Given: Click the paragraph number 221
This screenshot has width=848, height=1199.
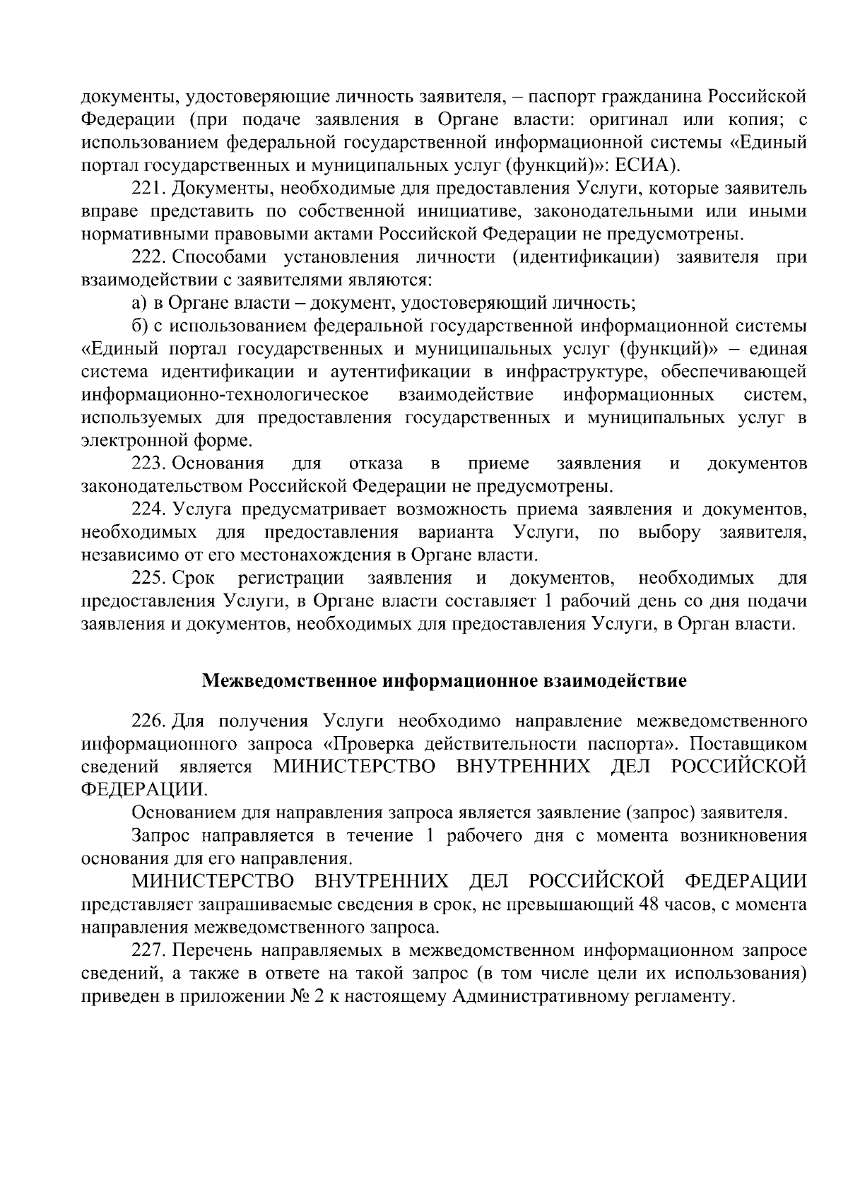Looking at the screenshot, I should tap(148, 189).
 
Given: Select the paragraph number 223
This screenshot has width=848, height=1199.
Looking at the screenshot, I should tap(148, 463).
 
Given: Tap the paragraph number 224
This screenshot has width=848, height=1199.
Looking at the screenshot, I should tap(148, 509).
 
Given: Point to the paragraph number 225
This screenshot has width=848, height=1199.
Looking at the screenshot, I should tap(148, 579).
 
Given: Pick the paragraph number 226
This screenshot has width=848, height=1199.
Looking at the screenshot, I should tap(148, 721).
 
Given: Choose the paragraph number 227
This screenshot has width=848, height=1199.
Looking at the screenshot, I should tap(148, 950).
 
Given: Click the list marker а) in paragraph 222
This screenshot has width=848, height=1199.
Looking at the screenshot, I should tap(139, 304).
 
